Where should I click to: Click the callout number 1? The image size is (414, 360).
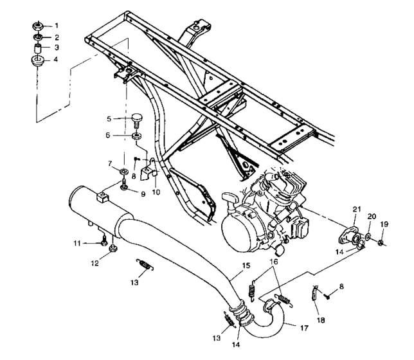coord(56,26)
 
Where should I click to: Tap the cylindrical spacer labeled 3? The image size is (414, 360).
coord(37,49)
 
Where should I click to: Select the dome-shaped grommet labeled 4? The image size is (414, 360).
coord(37,62)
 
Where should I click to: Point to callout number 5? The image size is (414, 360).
coord(109,118)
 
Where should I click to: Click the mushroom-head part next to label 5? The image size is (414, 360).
coord(136,120)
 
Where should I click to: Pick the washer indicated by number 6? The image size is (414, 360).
coord(136,136)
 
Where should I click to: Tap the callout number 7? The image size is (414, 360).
coord(110,163)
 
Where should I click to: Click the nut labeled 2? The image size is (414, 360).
coord(37,37)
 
